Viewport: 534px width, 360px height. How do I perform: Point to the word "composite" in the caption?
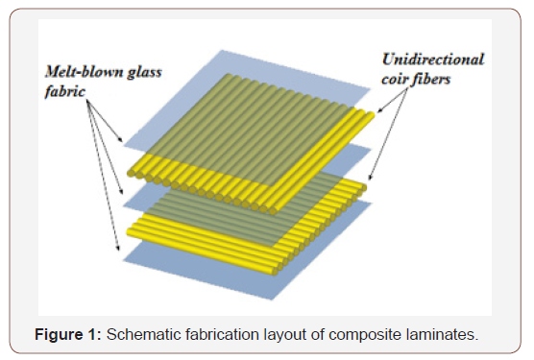pyautogui.click(x=361, y=334)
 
